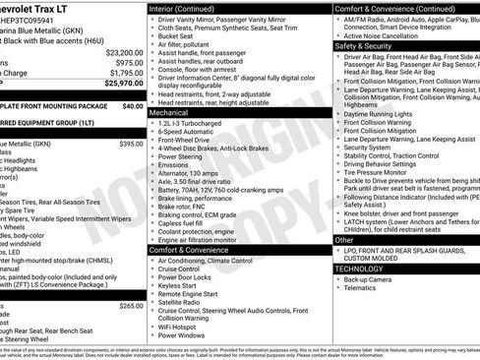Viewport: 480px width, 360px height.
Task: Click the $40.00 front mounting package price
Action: (132, 105)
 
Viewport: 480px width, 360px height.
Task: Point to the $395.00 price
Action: (131, 144)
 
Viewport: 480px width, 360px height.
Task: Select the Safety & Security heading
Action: (365, 45)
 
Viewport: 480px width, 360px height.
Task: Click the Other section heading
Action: (344, 239)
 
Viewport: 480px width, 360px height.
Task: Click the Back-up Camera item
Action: (369, 278)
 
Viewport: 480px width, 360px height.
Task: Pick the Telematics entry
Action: (363, 289)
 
